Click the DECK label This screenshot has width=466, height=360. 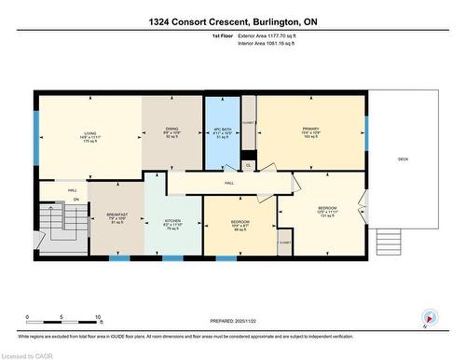click(403, 159)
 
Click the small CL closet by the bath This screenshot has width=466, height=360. click(248, 165)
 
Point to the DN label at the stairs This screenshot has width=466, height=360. click(76, 200)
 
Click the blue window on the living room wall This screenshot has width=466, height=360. click(36, 125)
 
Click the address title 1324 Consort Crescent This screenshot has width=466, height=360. click(233, 21)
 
